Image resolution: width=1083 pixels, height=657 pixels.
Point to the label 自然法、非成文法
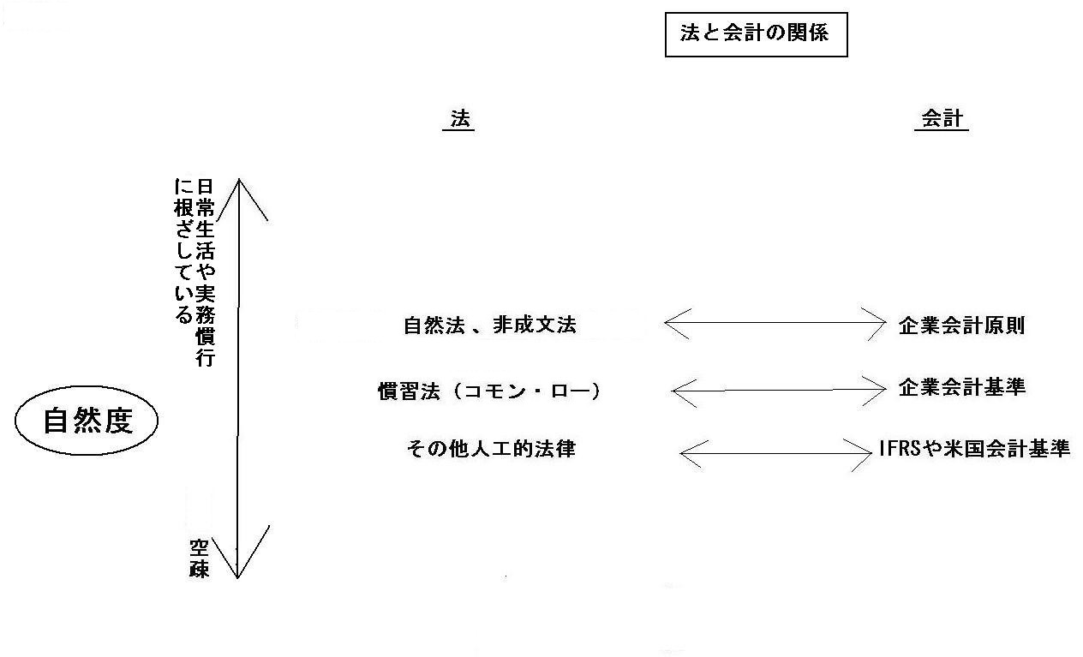[490, 326]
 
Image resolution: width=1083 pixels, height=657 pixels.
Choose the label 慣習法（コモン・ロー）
[488, 391]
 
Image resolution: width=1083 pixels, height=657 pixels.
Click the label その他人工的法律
[491, 449]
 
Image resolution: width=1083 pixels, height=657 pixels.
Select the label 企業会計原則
[961, 326]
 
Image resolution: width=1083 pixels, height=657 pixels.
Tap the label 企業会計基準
[961, 387]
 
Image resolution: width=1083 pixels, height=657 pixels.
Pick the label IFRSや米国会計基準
[974, 449]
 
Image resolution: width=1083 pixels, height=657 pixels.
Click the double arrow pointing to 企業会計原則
[775, 323]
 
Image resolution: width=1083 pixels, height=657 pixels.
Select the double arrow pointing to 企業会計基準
[779, 390]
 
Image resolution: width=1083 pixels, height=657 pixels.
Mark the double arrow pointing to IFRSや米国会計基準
[775, 453]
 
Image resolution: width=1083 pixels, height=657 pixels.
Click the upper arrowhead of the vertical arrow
[239, 180]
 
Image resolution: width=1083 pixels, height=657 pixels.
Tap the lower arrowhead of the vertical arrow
[237, 577]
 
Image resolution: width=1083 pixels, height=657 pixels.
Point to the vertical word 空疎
[199, 558]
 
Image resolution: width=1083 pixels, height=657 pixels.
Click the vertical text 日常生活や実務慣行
[205, 272]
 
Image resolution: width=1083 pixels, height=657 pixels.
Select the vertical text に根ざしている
[183, 251]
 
